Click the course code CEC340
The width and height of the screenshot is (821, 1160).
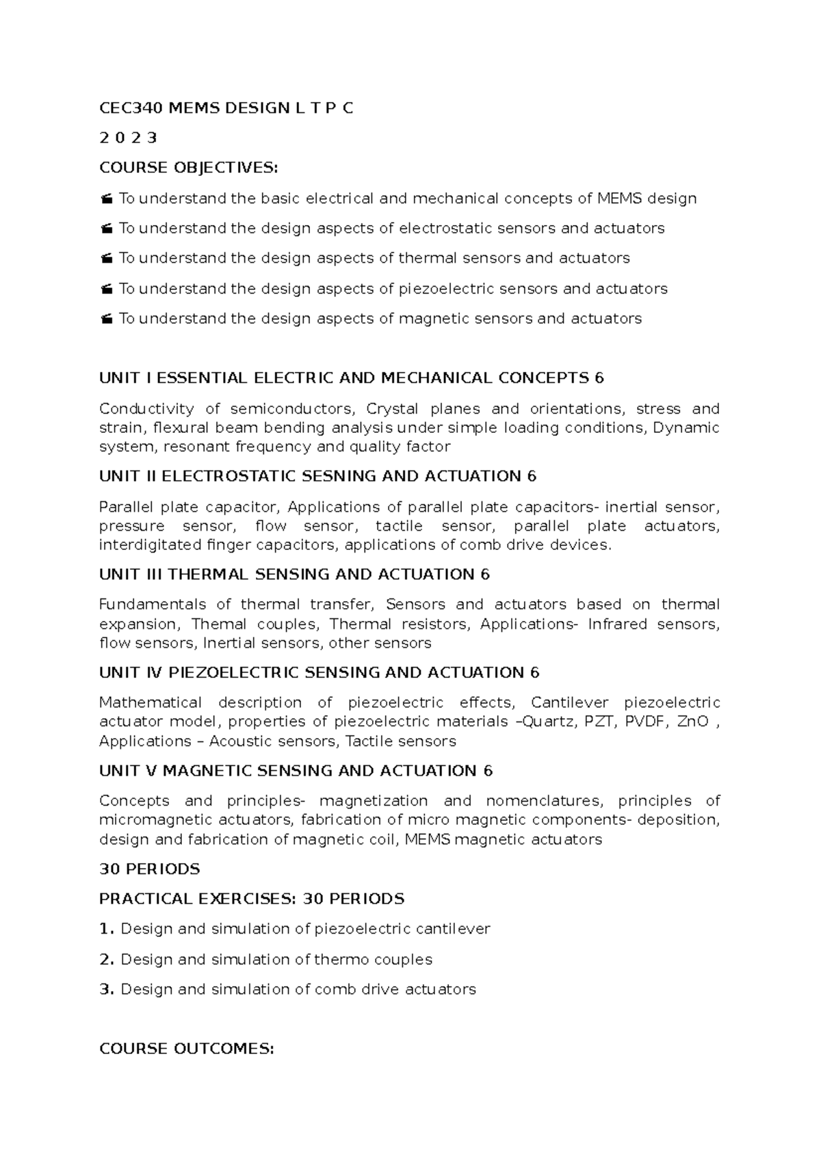coord(125,108)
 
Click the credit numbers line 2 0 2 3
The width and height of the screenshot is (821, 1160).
coord(128,138)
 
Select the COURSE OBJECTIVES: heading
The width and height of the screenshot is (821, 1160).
coord(189,168)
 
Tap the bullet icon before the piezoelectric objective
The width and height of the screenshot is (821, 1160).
coord(106,289)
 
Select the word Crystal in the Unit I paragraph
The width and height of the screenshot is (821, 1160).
coord(392,409)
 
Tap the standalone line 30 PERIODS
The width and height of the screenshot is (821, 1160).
coord(149,869)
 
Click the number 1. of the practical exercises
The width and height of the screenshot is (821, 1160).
coord(106,930)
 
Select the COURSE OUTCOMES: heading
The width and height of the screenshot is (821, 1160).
coord(186,1049)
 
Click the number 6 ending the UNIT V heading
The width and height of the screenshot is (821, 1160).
coord(487,772)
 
